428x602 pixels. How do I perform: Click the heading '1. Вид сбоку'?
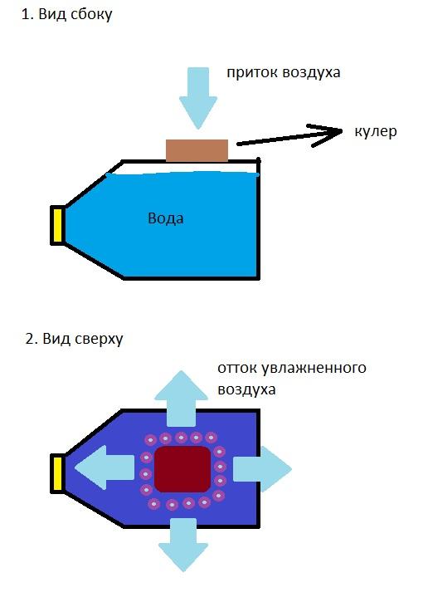point(66,15)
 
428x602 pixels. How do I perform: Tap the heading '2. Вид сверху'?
point(75,339)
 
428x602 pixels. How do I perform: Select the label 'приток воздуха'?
point(284,72)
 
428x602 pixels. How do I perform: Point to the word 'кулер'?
point(376,132)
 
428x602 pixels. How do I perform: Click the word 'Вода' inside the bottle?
point(166,218)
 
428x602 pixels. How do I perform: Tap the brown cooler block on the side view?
point(197,150)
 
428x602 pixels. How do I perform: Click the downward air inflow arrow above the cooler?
point(198,98)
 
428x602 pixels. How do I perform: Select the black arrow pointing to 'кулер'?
point(289,136)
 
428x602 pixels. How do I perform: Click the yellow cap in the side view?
point(58,224)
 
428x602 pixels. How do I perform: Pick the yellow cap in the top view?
point(58,473)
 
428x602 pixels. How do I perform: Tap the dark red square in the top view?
point(182,469)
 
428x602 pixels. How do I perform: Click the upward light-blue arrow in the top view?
point(182,399)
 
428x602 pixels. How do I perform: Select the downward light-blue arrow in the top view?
point(183,546)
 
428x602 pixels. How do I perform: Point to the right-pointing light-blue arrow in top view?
point(262,469)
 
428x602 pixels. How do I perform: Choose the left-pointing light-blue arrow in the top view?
point(105,467)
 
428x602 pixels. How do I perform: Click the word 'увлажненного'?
point(314,368)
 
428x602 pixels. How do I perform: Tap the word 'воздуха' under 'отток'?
point(246,389)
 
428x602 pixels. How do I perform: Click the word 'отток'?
point(237,368)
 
